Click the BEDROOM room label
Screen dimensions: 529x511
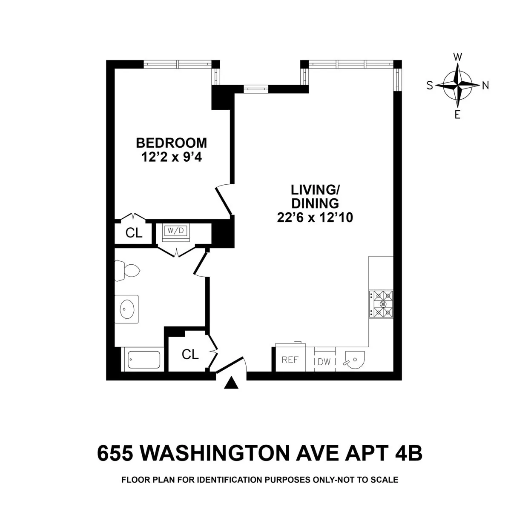pyautogui.click(x=171, y=142)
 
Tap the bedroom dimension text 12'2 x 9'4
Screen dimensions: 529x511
pyautogui.click(x=171, y=157)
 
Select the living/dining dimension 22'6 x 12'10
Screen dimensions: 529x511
pyautogui.click(x=315, y=217)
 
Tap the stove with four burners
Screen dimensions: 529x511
pyautogui.click(x=381, y=304)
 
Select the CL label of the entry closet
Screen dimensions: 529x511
pyautogui.click(x=190, y=354)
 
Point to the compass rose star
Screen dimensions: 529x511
pyautogui.click(x=458, y=85)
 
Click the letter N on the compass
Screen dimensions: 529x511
pyautogui.click(x=485, y=86)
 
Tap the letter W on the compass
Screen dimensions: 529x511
pyautogui.click(x=458, y=57)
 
